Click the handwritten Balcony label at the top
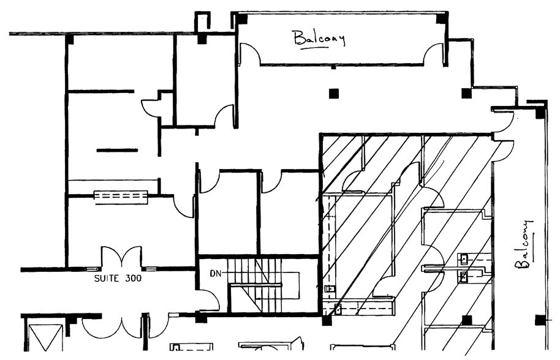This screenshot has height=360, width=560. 319,38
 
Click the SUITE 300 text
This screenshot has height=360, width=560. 118,278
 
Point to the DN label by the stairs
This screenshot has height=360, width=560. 215,272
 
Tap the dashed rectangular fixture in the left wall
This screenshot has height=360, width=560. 121,197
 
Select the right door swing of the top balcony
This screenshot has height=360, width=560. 433,54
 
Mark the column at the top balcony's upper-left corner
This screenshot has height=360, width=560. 242,19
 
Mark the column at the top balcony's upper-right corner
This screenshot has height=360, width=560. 441,19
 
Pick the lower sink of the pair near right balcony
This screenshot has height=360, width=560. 464,277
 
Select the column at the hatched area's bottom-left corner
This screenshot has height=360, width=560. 327,320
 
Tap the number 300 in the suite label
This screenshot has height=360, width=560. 132,278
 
